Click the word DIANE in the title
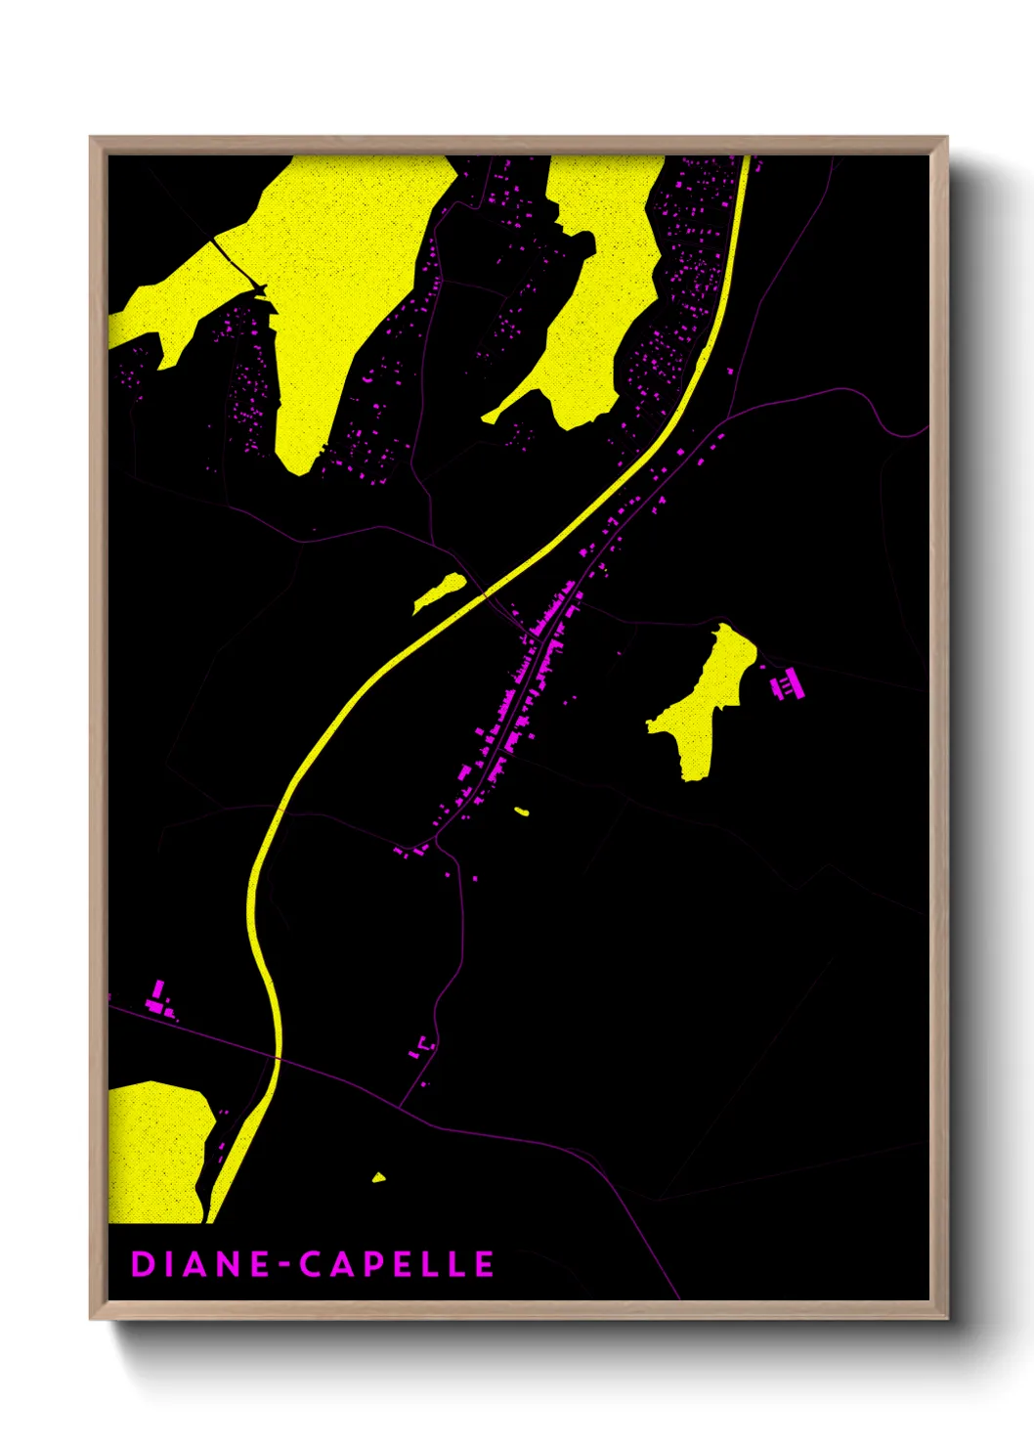tap(200, 1264)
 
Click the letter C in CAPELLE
tap(311, 1264)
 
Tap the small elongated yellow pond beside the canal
tap(439, 592)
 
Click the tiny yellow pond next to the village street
tap(522, 811)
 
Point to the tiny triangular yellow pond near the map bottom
tap(378, 1177)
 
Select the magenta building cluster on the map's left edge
tap(159, 1000)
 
